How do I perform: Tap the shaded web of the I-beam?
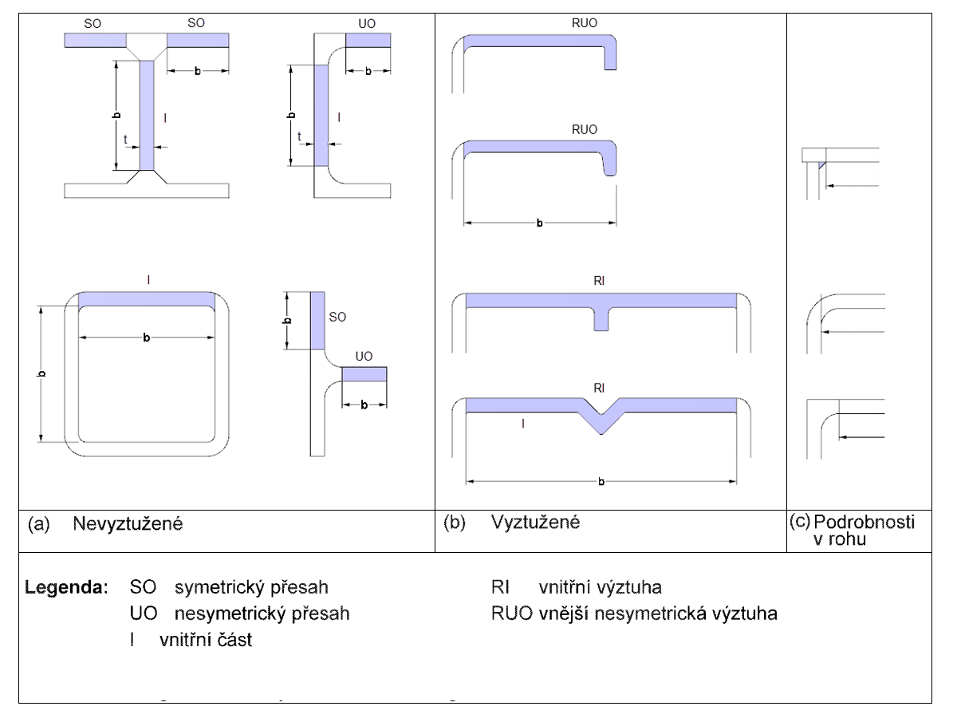point(148,115)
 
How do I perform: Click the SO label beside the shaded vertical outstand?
point(337,317)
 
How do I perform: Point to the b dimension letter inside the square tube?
point(146,339)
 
